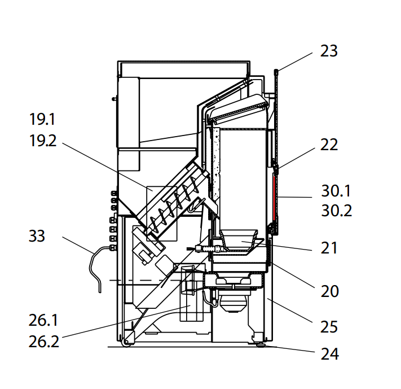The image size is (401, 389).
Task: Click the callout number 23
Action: [x=328, y=51]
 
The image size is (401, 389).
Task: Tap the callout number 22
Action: [x=328, y=145]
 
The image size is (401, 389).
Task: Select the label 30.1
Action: [x=337, y=191]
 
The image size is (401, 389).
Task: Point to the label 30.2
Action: [x=337, y=211]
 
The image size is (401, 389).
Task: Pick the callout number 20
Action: [x=329, y=291]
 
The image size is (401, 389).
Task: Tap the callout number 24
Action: [x=329, y=354]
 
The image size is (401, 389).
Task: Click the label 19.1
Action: [x=43, y=120]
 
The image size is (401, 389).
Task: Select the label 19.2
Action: [x=43, y=141]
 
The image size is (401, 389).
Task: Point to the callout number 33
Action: [x=37, y=235]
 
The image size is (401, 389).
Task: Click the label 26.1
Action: [x=43, y=320]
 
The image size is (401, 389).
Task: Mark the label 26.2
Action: [x=43, y=341]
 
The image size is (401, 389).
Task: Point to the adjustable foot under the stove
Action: [x=260, y=345]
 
